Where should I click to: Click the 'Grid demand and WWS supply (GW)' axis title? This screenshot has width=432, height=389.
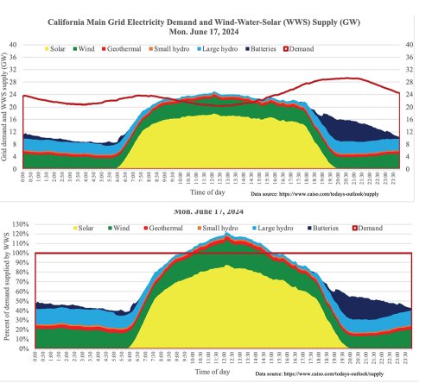(x=6, y=106)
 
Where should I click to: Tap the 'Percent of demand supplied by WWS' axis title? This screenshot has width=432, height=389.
(x=6, y=287)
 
